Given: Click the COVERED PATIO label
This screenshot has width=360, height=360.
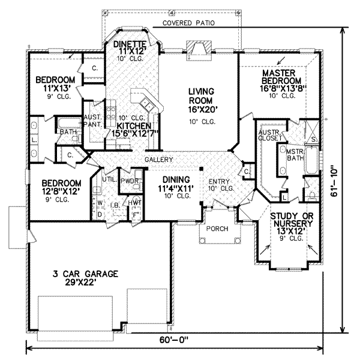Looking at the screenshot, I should coord(188,23).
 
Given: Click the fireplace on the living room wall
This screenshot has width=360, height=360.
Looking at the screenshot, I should coord(197,48).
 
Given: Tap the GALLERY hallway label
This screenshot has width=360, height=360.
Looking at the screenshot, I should coord(158,160).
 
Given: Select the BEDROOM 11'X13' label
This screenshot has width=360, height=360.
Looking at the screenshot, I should coord(55,85).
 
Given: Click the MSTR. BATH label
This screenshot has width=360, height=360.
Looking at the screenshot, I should coord(294,155).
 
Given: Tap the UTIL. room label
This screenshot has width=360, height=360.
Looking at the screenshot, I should coord(109,179).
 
